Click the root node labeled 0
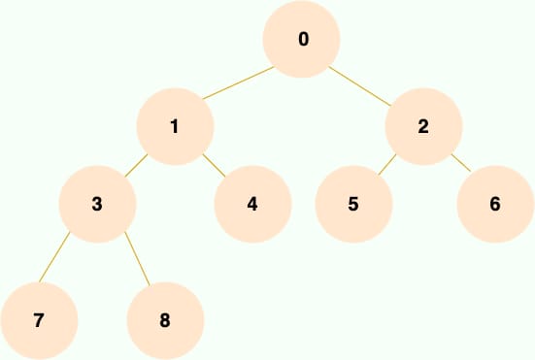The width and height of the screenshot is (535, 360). click(x=301, y=39)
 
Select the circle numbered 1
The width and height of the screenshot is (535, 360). click(x=175, y=126)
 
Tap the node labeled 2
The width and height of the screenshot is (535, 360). click(x=423, y=126)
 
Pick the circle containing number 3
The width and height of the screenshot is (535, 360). click(x=97, y=204)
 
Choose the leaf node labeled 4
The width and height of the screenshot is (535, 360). click(x=252, y=204)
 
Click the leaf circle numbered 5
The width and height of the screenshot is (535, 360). click(x=353, y=204)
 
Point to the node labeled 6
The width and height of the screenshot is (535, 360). click(x=495, y=204)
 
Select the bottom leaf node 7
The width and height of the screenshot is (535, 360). click(x=39, y=321)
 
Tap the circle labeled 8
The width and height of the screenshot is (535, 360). click(x=165, y=321)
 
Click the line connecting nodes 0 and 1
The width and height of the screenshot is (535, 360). click(x=238, y=82)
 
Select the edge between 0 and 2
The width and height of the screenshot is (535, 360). click(x=359, y=86)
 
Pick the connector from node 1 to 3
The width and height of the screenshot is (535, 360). click(x=136, y=165)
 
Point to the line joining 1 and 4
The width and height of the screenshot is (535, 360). click(x=214, y=165)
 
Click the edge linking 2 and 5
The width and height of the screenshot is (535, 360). click(x=386, y=165)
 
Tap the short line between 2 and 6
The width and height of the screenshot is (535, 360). click(x=461, y=163)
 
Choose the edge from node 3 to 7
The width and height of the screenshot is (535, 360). click(x=54, y=257)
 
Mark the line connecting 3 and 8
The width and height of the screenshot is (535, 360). click(x=137, y=258)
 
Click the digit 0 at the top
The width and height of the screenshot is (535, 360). click(x=303, y=39)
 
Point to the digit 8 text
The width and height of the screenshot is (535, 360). click(x=165, y=321)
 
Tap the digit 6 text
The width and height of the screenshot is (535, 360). click(x=495, y=204)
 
